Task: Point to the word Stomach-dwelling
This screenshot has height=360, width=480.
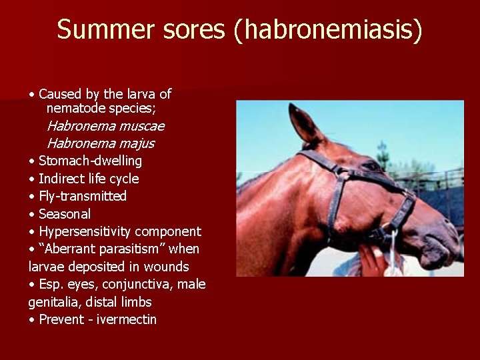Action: (90, 161)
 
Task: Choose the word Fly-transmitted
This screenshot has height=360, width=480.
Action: (83, 196)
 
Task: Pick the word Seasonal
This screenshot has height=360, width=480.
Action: (65, 214)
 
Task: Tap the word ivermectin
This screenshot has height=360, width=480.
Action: (127, 319)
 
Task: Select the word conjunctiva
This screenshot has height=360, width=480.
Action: (136, 285)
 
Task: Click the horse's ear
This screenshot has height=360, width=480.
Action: (303, 124)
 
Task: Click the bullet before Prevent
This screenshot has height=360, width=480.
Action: (32, 320)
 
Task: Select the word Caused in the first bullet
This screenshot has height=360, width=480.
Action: (57, 94)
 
